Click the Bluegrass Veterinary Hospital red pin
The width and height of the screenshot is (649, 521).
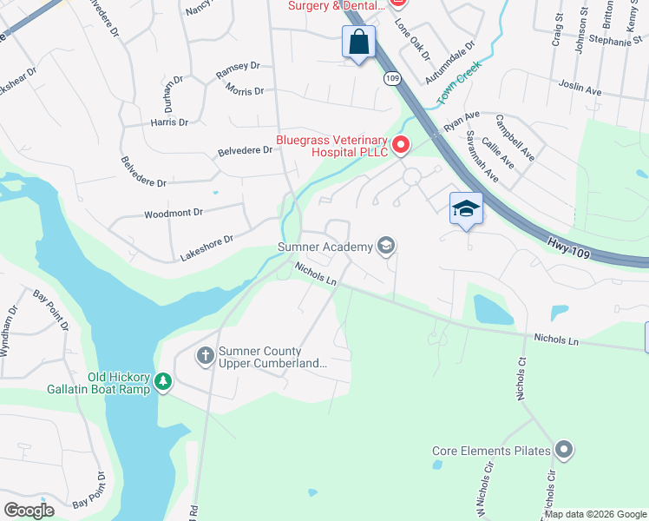401,145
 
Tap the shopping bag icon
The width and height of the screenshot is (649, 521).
358,42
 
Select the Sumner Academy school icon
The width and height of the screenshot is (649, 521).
386,247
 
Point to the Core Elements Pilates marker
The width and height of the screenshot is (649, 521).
565,450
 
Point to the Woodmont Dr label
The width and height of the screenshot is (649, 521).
173,213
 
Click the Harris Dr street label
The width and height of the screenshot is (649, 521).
169,122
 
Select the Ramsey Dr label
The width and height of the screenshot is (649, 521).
238,66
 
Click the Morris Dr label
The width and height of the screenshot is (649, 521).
244,90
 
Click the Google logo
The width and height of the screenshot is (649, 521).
29,510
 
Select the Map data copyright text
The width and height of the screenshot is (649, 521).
595,514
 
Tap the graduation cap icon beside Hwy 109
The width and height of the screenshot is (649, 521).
466,209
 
